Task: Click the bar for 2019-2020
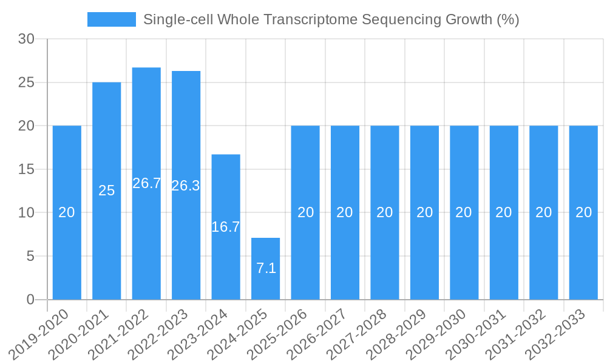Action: [x=67, y=212]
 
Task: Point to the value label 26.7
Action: [x=146, y=183]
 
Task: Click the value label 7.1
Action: [x=266, y=268]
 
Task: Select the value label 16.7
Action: [x=226, y=227]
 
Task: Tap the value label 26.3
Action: [x=186, y=186]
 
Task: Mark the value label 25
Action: [x=107, y=190]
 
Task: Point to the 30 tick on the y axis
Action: [x=26, y=39]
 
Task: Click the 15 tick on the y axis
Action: [x=26, y=169]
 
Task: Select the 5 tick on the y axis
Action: [x=30, y=256]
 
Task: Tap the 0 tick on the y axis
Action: [x=30, y=300]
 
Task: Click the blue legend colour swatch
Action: [x=112, y=19]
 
